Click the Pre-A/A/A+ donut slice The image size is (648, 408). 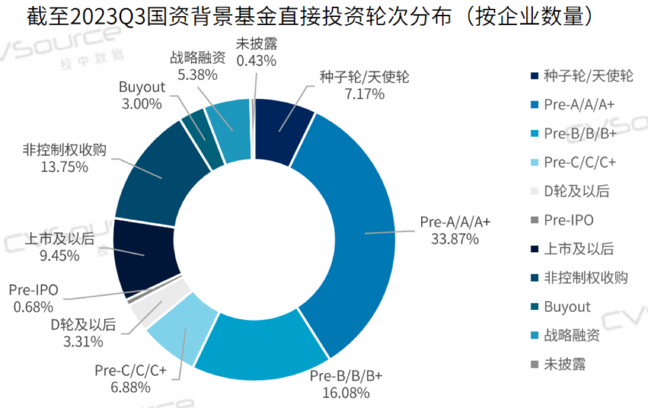(354, 228)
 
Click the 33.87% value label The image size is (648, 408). (455, 239)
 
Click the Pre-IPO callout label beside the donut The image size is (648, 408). (34, 291)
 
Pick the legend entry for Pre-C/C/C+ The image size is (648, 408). (580, 162)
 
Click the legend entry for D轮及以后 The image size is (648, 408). (576, 191)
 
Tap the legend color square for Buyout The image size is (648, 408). (534, 307)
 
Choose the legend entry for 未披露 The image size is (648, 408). (565, 364)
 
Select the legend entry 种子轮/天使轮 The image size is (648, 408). (588, 76)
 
